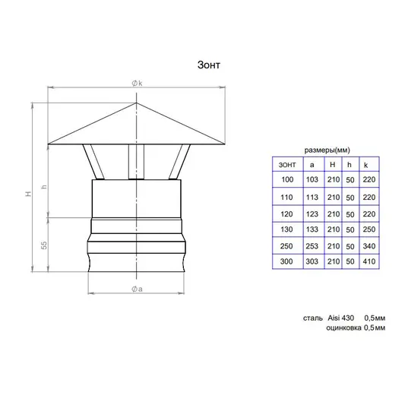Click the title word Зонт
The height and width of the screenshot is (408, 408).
[x=209, y=65]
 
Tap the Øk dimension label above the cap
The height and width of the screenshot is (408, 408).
[x=137, y=84]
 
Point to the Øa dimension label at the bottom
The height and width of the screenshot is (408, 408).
[x=137, y=289]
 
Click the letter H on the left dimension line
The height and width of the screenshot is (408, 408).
[x=28, y=194]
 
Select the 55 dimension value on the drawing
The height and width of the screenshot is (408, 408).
[x=44, y=245]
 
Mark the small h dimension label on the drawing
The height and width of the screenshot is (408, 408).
[x=44, y=187]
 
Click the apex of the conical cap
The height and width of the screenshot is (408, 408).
[x=136, y=103]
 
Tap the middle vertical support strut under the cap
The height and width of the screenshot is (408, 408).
[x=136, y=162]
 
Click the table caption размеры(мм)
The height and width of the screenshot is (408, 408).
[x=327, y=150]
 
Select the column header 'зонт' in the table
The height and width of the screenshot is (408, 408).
[x=287, y=165]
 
